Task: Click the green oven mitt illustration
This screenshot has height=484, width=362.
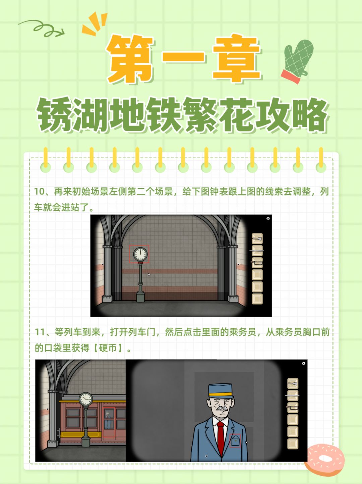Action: (x=297, y=61)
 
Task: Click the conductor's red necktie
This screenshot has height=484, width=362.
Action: (x=221, y=437)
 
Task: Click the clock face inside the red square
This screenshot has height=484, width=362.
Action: (x=140, y=254)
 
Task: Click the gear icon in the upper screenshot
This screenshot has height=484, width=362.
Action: (x=268, y=218)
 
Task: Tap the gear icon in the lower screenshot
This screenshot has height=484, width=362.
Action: (x=303, y=363)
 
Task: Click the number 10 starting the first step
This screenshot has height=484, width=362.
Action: (x=40, y=192)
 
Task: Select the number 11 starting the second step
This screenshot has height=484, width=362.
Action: (x=40, y=332)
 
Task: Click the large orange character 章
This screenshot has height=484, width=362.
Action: (x=236, y=59)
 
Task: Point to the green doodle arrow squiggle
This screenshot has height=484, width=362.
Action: (x=42, y=28)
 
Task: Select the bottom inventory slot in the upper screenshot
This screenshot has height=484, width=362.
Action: (x=257, y=299)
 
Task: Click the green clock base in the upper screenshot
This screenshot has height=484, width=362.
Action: (x=140, y=297)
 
